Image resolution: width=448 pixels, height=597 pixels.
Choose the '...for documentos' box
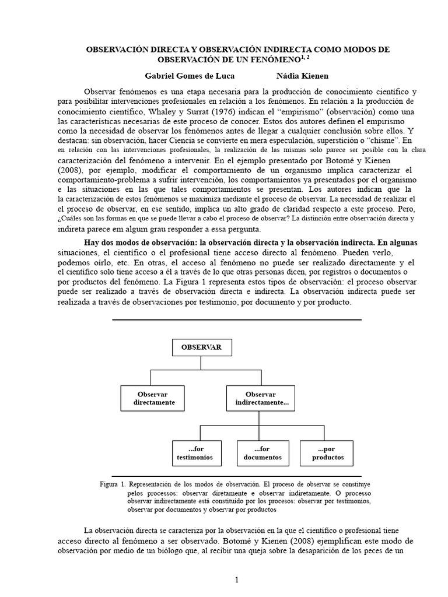tap(262, 453)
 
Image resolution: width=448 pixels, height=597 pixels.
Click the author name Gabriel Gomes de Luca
tap(190, 76)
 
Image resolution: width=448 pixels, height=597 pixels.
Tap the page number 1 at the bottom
tap(237, 580)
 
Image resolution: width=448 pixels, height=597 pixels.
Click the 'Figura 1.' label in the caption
tap(113, 484)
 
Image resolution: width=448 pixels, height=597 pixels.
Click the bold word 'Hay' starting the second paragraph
tap(93, 242)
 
